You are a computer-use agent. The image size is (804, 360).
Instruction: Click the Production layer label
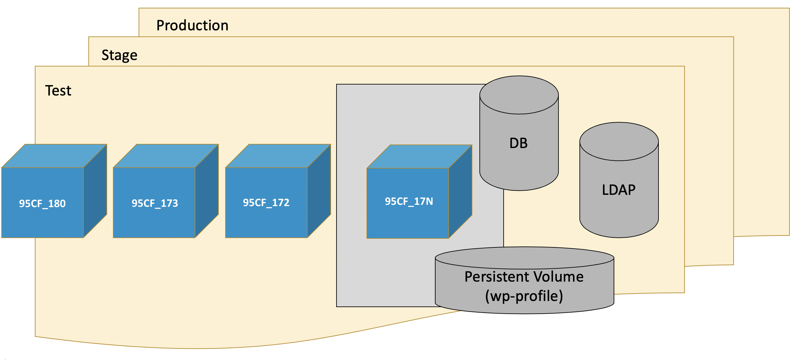[x=192, y=25]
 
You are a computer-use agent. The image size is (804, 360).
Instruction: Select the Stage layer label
[x=119, y=55]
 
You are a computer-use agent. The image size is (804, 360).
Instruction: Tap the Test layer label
[x=58, y=91]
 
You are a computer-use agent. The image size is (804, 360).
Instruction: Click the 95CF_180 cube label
[x=42, y=204]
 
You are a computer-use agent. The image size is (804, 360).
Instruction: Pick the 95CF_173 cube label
[x=155, y=203]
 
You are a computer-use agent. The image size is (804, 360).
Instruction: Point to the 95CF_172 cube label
[x=266, y=203]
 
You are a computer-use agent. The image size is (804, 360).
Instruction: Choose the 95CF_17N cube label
[x=409, y=202]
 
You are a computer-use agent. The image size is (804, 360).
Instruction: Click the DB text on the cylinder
[x=518, y=143]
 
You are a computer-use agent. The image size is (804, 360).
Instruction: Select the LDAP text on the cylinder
[x=618, y=190]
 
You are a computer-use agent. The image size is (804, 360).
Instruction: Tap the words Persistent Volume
[x=524, y=277]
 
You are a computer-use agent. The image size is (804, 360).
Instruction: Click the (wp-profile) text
[x=524, y=296]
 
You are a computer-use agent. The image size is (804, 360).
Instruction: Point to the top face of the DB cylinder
[x=519, y=95]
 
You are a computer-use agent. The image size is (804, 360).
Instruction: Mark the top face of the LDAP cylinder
[x=619, y=142]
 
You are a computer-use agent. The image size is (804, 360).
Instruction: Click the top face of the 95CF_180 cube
[x=54, y=156]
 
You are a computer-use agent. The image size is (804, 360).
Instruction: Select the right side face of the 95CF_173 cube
[x=207, y=191]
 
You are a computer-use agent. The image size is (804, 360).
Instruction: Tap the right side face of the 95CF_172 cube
[x=319, y=191]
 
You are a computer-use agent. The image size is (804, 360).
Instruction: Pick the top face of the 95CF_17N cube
[x=419, y=156]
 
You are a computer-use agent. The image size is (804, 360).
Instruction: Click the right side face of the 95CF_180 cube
[x=95, y=191]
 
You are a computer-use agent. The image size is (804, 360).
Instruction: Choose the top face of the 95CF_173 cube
[x=166, y=156]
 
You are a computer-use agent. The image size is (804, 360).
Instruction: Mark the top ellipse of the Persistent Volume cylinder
[x=524, y=258]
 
